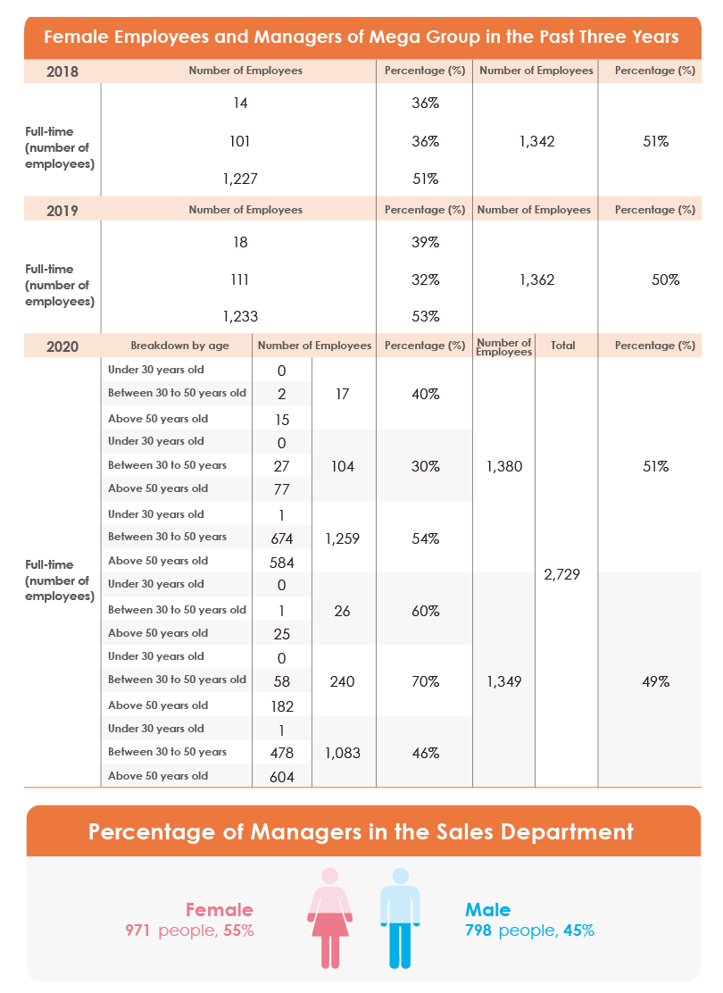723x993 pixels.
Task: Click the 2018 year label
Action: [x=62, y=71]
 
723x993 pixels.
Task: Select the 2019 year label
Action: [x=62, y=211]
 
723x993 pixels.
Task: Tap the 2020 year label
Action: [x=62, y=346]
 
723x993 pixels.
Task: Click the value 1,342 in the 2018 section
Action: [x=536, y=141]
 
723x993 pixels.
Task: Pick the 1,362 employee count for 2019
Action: [x=536, y=280]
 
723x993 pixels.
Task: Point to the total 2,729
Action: [x=561, y=574]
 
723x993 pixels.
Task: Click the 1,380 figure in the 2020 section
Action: [x=504, y=467]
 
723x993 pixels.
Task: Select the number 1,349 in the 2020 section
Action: [x=504, y=681]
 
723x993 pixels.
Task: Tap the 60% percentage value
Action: [x=426, y=611]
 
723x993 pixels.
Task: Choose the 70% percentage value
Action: [x=426, y=681]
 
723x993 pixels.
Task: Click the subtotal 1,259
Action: [x=343, y=539]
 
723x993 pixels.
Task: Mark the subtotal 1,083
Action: [x=343, y=753]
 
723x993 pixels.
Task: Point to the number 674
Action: [x=282, y=539]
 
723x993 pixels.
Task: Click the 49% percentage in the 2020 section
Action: [x=656, y=681]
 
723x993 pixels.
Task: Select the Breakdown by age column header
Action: [x=179, y=346]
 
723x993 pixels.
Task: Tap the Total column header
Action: [x=563, y=346]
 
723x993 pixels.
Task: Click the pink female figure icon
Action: [x=330, y=918]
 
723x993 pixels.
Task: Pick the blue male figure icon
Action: [x=400, y=918]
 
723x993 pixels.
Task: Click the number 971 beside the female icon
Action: [x=137, y=930]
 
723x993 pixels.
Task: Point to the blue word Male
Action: [x=487, y=910]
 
